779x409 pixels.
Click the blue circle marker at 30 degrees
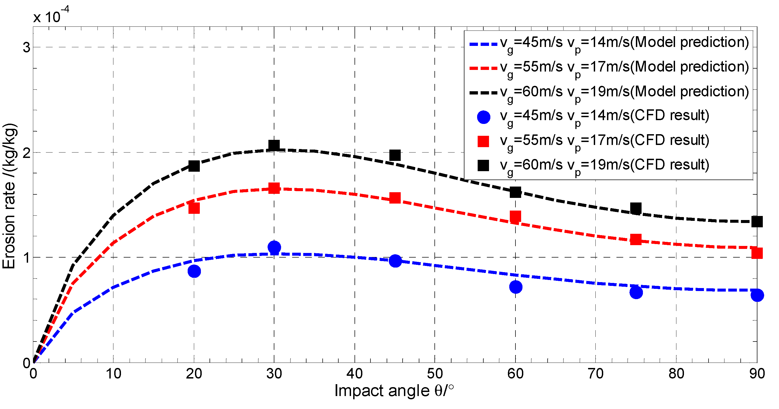(274, 247)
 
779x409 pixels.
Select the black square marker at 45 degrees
(395, 155)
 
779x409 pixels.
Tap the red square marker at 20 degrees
(194, 208)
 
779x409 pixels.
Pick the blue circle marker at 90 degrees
(757, 295)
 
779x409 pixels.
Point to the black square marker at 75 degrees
(636, 208)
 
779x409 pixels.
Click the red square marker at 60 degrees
(515, 217)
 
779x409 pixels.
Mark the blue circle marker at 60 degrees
(516, 287)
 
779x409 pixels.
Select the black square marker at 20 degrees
(194, 166)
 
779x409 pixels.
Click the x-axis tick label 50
(434, 374)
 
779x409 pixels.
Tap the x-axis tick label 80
(676, 374)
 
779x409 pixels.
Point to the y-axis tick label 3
(27, 48)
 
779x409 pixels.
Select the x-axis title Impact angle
(394, 391)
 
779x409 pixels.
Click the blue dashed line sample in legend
(483, 44)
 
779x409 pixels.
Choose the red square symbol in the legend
(483, 141)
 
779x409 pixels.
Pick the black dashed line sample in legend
(483, 93)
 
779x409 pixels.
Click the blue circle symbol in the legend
(483, 117)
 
